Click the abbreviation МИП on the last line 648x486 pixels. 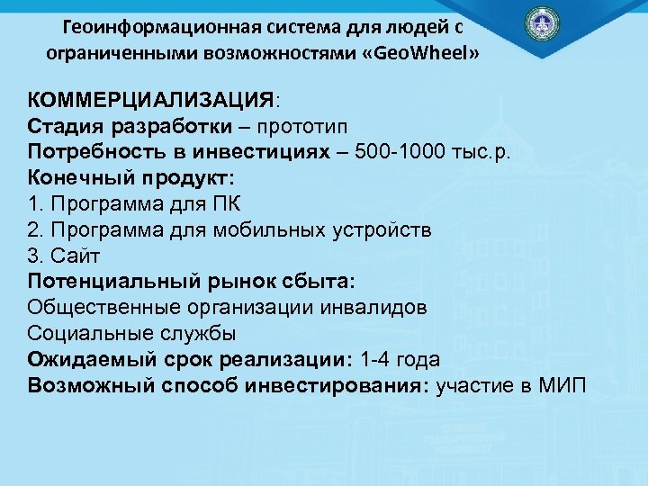click(x=560, y=386)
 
